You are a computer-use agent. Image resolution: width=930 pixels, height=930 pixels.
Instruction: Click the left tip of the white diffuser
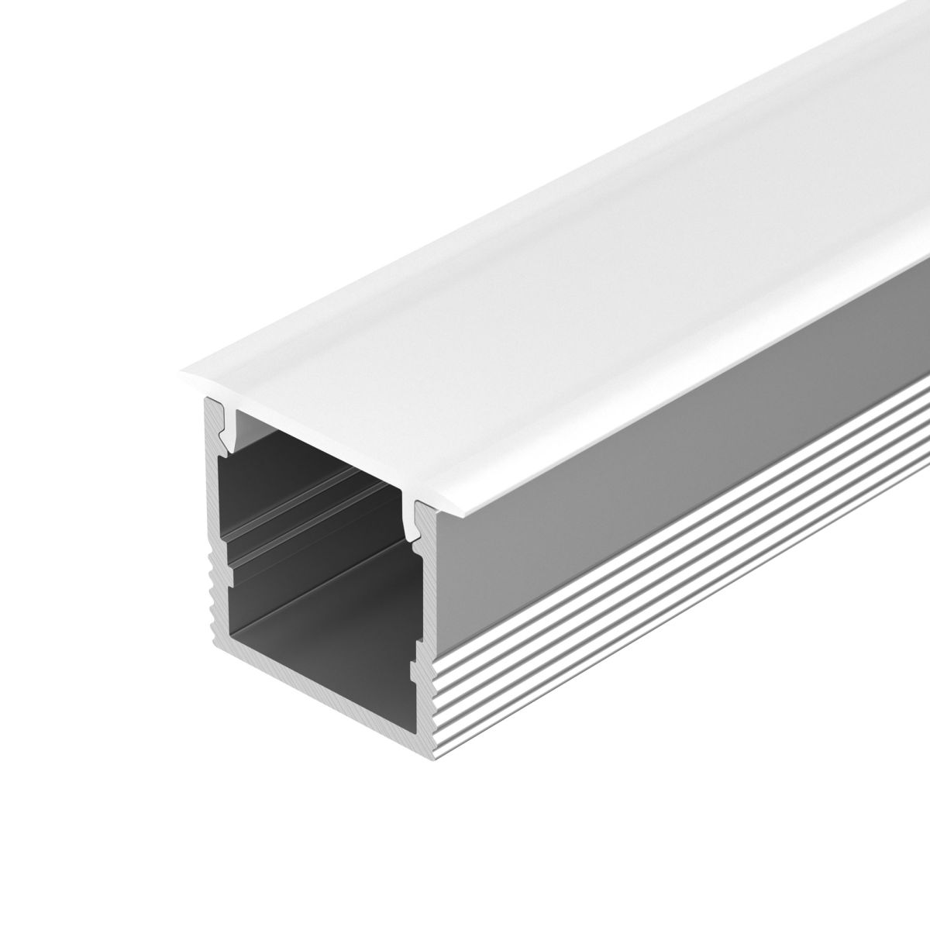[x=183, y=379]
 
